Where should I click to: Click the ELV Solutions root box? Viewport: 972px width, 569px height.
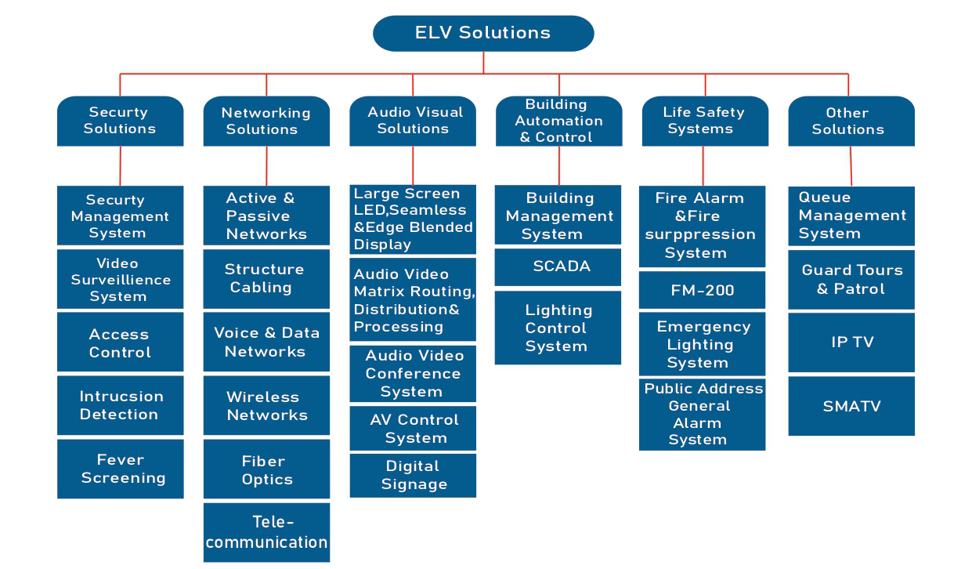tap(483, 33)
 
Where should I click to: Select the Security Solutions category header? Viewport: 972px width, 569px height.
tap(120, 121)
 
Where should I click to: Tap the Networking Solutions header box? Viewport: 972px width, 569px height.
tap(266, 121)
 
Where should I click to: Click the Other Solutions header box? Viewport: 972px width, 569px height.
tap(851, 121)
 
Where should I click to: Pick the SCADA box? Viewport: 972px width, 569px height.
tap(558, 266)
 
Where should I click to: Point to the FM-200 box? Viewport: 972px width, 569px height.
tap(702, 290)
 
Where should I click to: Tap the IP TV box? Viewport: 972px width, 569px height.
tap(851, 342)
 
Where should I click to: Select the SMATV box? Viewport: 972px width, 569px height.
tap(851, 406)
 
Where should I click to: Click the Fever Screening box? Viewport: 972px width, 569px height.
tap(120, 469)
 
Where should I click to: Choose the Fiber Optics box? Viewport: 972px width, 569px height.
tap(266, 469)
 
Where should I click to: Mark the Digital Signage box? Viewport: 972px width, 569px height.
tap(413, 475)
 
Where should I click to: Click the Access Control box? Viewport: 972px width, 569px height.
tap(120, 342)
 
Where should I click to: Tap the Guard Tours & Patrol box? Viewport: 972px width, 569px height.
tap(851, 280)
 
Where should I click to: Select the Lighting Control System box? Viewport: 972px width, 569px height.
tap(558, 328)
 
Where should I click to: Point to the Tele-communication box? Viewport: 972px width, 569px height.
tap(266, 532)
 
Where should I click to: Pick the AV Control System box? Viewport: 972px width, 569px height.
tap(413, 428)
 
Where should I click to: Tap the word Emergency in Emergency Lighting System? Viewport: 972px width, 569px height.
tap(703, 327)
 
